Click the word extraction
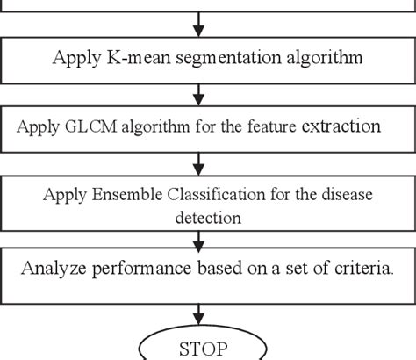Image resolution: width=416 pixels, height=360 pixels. point(341,127)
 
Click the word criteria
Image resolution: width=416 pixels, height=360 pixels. point(360,269)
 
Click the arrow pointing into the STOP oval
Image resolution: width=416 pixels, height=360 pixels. point(202,312)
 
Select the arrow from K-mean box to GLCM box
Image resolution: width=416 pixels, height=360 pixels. point(202,92)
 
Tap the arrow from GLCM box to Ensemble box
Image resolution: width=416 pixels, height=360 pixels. point(202,161)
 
